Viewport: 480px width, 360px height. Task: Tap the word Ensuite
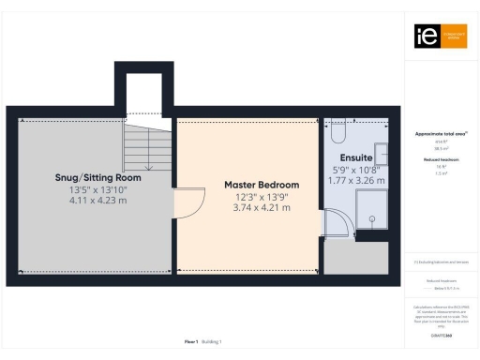tap(357, 156)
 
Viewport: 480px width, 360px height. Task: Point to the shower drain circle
tap(372, 218)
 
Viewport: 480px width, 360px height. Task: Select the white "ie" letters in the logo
tap(424, 36)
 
